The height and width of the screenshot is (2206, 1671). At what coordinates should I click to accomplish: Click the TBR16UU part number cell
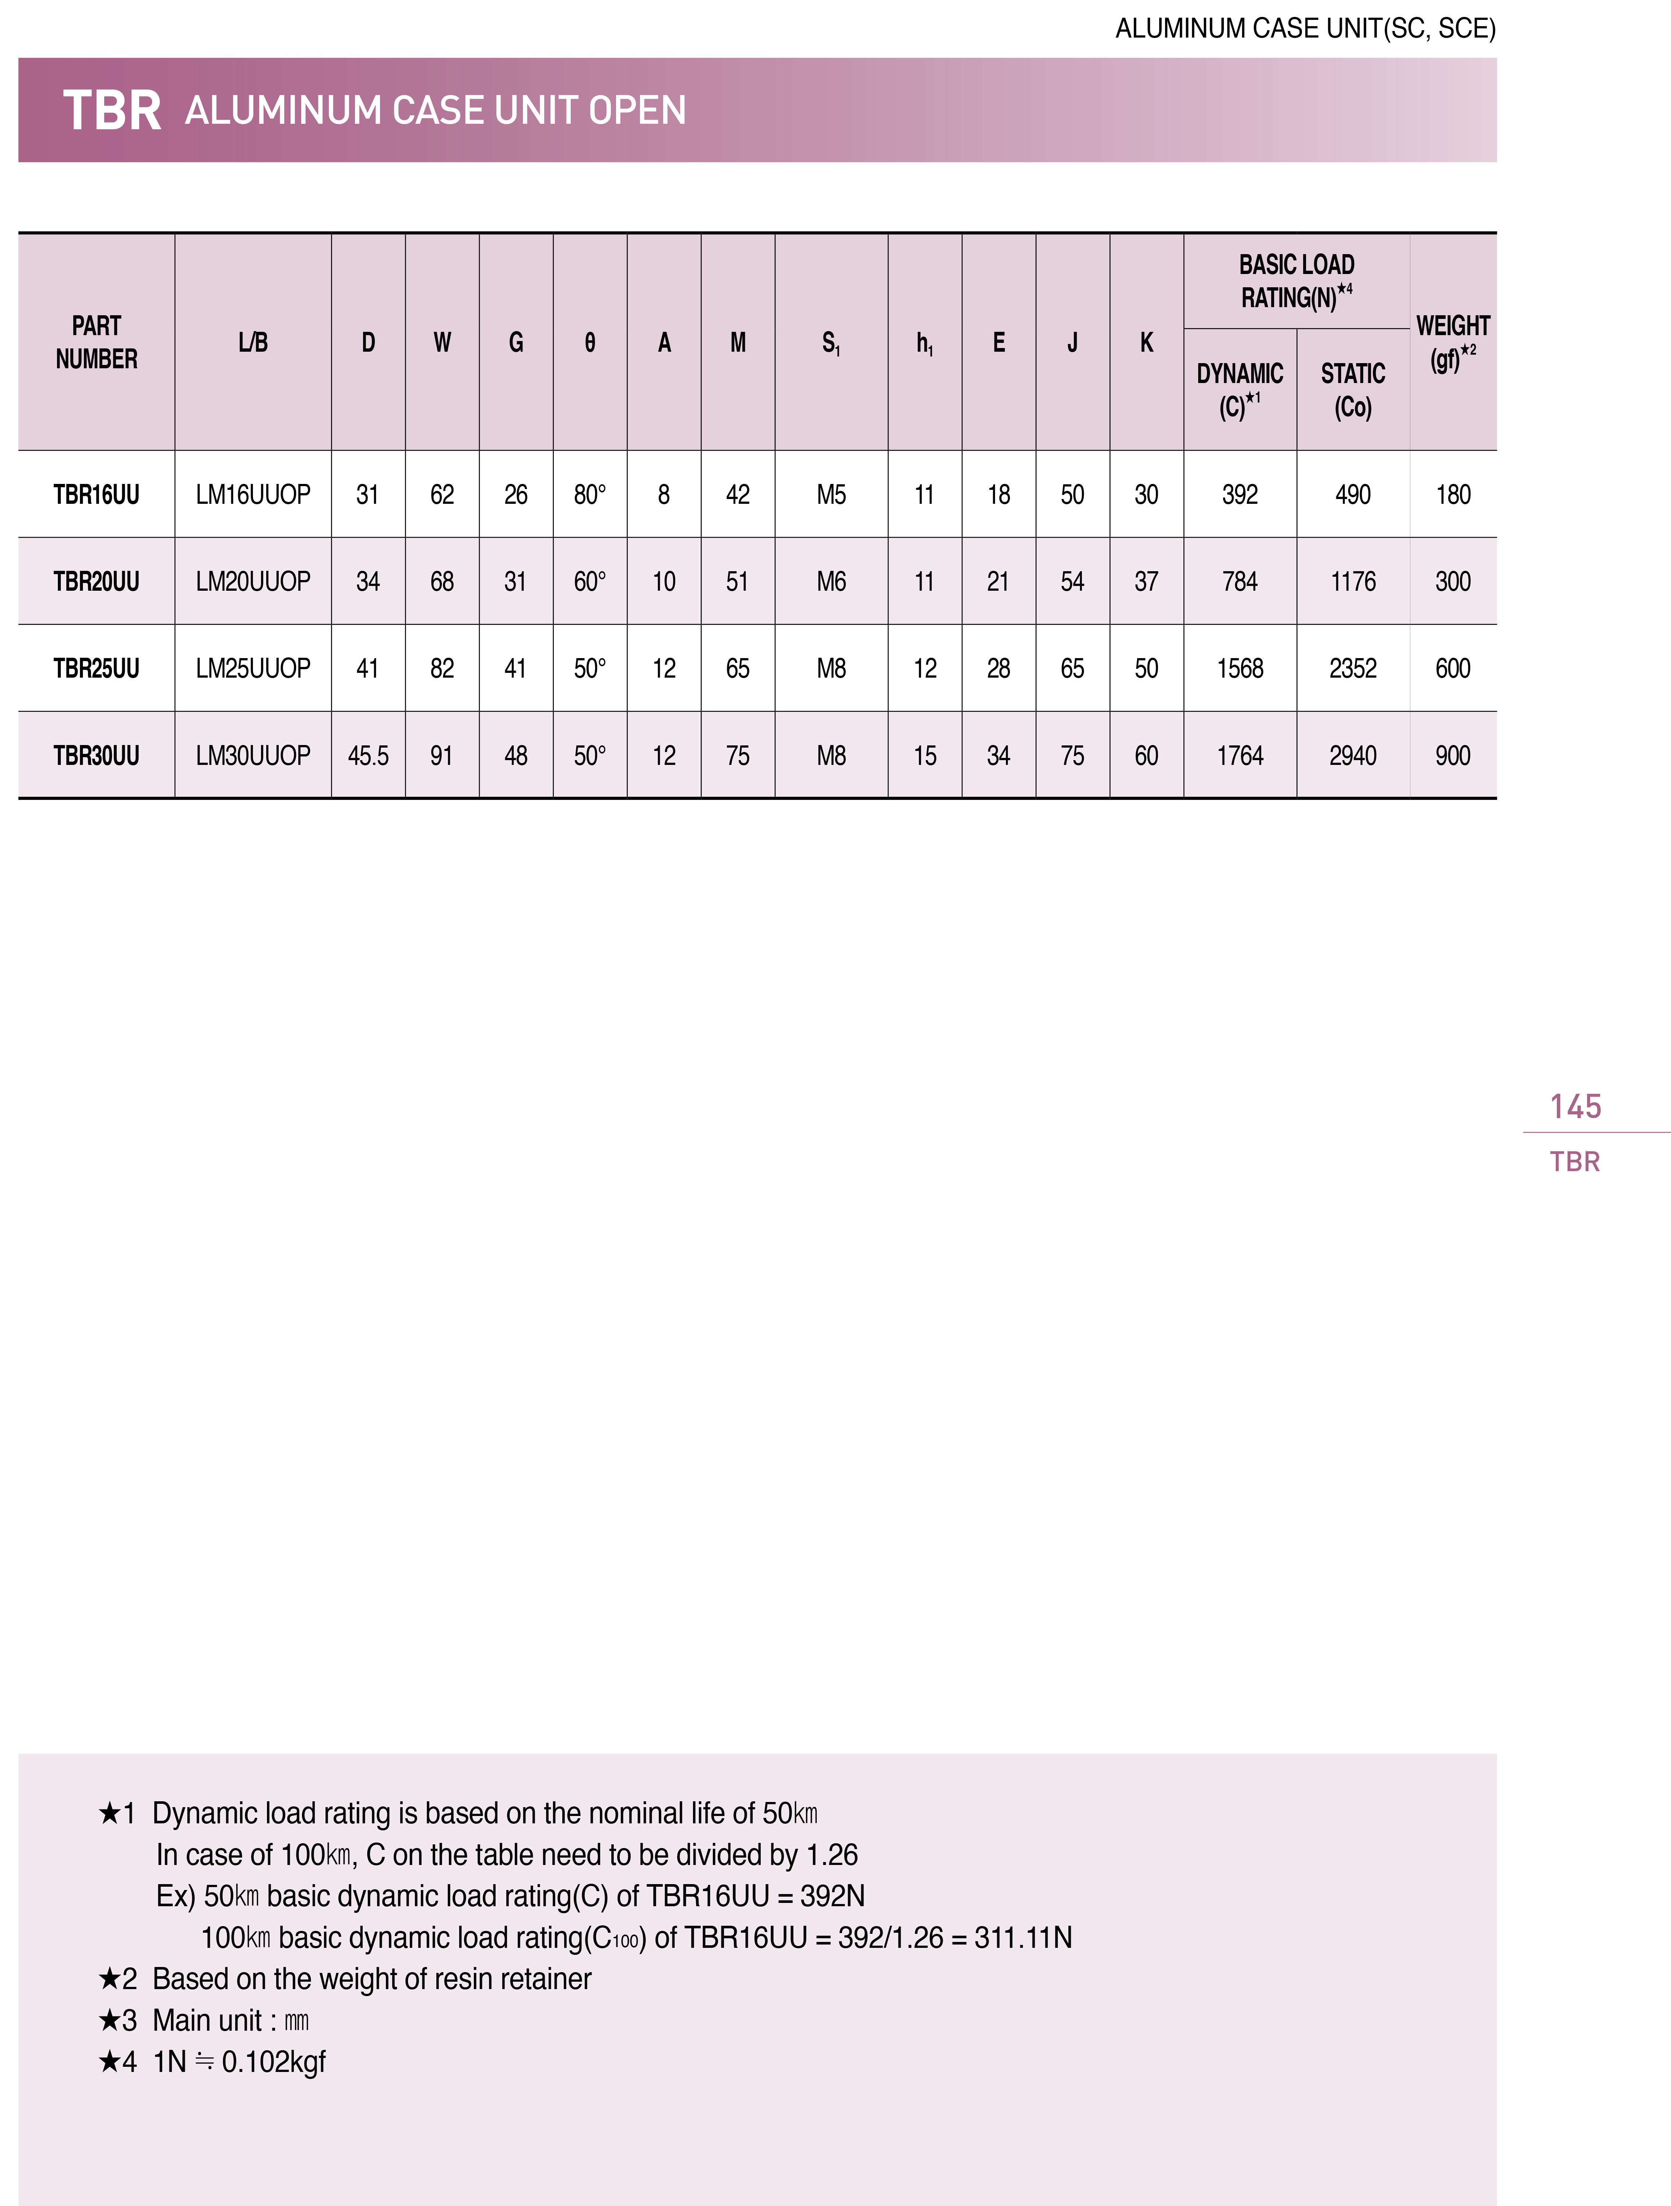coord(97,495)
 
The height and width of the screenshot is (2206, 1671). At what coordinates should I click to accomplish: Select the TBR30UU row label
coord(97,756)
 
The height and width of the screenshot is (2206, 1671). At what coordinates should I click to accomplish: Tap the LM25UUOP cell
coord(253,668)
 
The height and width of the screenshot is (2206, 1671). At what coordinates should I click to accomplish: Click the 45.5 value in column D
coord(368,756)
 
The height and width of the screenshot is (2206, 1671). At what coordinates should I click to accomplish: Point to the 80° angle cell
coord(589,495)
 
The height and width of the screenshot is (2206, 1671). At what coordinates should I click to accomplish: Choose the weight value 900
coord(1453,756)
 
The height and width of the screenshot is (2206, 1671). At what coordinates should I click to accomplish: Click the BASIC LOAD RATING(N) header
coord(1296,281)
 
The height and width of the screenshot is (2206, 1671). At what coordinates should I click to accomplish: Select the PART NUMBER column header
coord(97,342)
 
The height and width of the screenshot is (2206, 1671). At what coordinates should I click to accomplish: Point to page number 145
coord(1575,1106)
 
